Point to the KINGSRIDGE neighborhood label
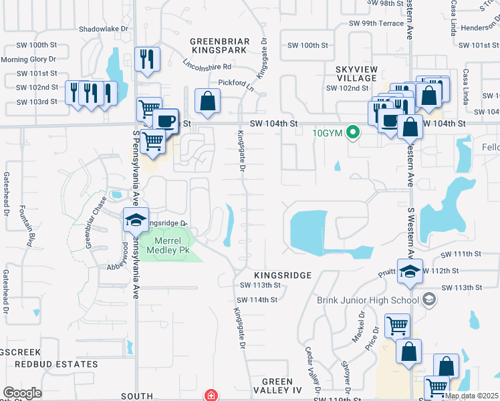tap(283, 275)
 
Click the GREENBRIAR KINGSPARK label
tap(220, 45)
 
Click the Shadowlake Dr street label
tap(104, 29)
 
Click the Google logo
tap(22, 393)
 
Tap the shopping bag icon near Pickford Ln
tap(208, 102)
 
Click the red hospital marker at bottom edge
tap(211, 396)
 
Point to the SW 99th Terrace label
tap(376, 23)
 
